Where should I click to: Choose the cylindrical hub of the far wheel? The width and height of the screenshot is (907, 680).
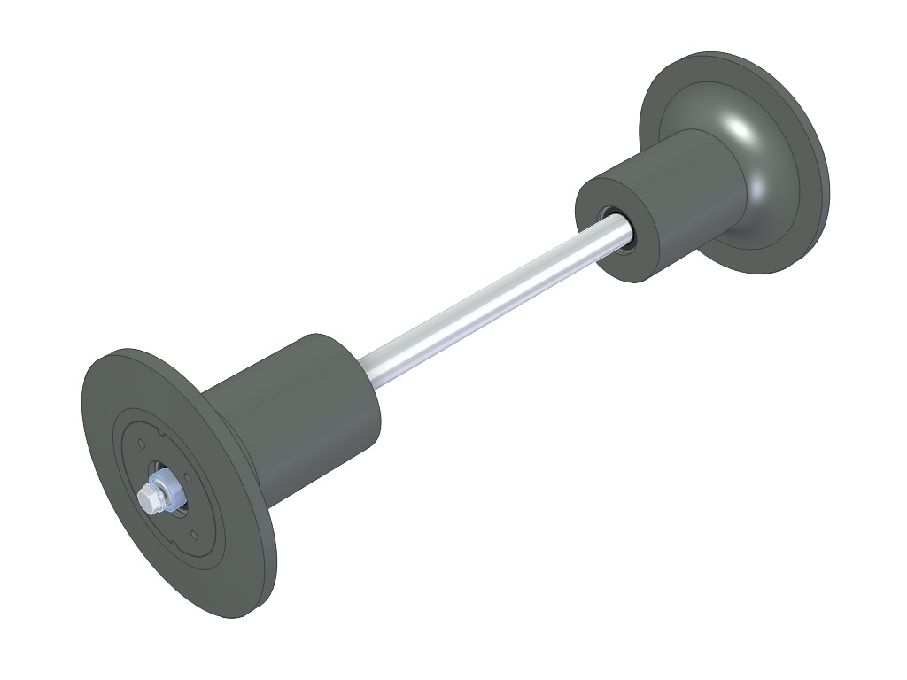click(682, 195)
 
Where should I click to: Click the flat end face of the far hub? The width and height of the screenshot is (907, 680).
click(595, 239)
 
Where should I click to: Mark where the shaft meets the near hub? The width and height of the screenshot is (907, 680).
click(368, 367)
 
